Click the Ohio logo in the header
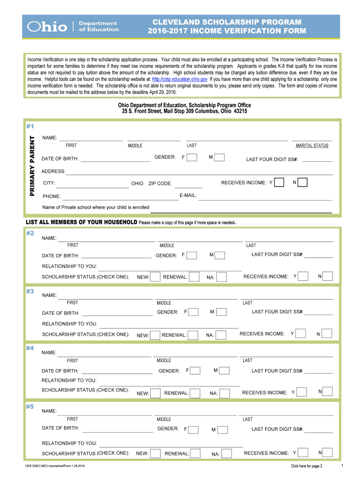(47, 27)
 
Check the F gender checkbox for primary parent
(192, 158)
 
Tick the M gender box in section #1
(219, 158)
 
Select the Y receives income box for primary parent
(279, 182)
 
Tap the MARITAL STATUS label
(312, 145)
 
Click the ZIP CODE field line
(188, 187)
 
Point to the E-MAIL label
(188, 195)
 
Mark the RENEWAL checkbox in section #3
(193, 335)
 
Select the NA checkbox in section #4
(224, 393)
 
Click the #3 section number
(30, 291)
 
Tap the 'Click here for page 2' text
(306, 466)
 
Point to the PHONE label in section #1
(51, 196)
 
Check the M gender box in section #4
(224, 371)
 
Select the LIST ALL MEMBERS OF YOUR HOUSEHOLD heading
(81, 222)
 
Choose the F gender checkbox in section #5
(193, 429)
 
